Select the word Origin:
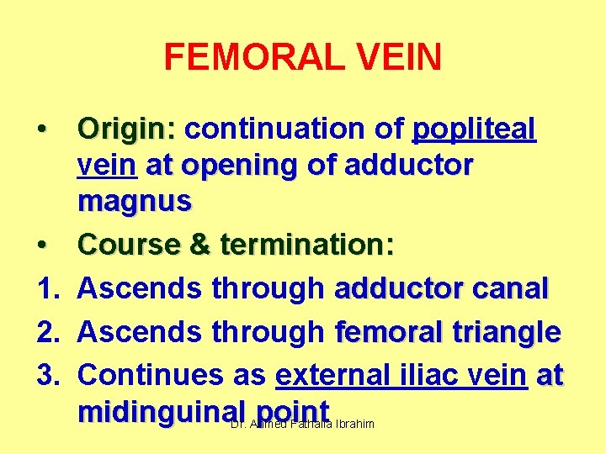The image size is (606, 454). pos(125,130)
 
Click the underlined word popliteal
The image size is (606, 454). pos(474,130)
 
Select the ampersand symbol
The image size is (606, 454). pos(200,245)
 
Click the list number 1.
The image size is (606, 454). pos(45,289)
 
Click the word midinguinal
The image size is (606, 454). pos(161,411)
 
